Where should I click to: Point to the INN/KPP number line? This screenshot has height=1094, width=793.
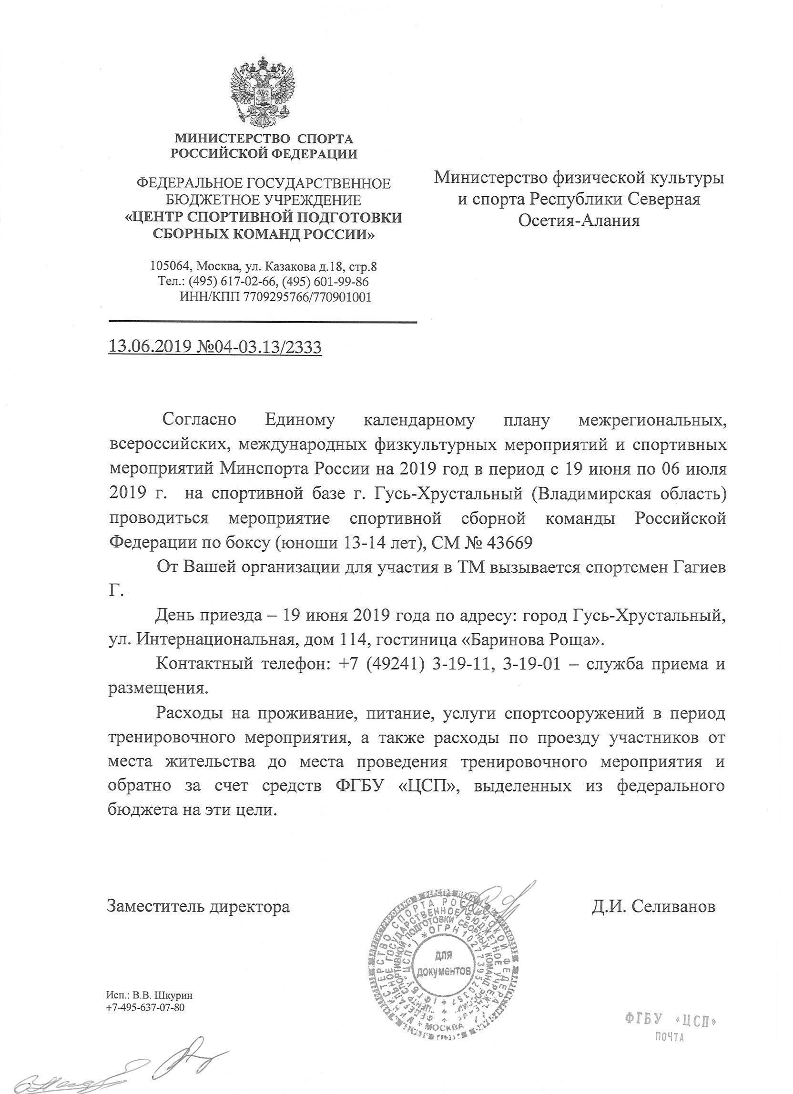click(x=275, y=297)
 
